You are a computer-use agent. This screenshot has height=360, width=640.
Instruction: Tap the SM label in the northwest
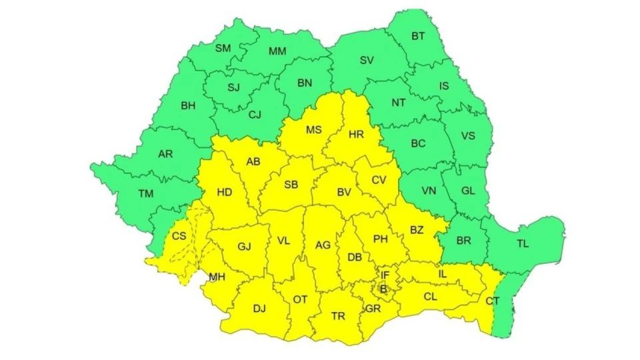point(223,48)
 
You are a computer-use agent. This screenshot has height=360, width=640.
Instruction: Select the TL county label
point(522,243)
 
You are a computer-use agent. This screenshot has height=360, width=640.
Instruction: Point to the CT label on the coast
point(492,301)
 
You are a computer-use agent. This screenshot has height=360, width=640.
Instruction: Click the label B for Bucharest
point(383,289)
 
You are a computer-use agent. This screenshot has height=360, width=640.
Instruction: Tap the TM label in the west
point(145,194)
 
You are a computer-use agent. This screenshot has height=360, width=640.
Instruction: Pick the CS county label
point(179,236)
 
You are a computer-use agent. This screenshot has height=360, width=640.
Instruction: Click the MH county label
point(217,277)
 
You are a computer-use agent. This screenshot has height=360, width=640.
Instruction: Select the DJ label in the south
point(259,309)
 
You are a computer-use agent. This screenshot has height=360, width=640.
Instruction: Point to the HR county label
point(356,135)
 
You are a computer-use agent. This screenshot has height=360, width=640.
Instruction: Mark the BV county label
point(344,193)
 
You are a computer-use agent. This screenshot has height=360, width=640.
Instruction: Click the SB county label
point(291,185)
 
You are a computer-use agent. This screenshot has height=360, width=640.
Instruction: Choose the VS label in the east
point(468,136)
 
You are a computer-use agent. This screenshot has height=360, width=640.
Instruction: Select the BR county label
point(464,241)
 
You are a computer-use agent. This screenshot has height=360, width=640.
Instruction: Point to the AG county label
point(323,245)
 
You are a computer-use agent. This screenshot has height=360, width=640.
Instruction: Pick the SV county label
point(366,60)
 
